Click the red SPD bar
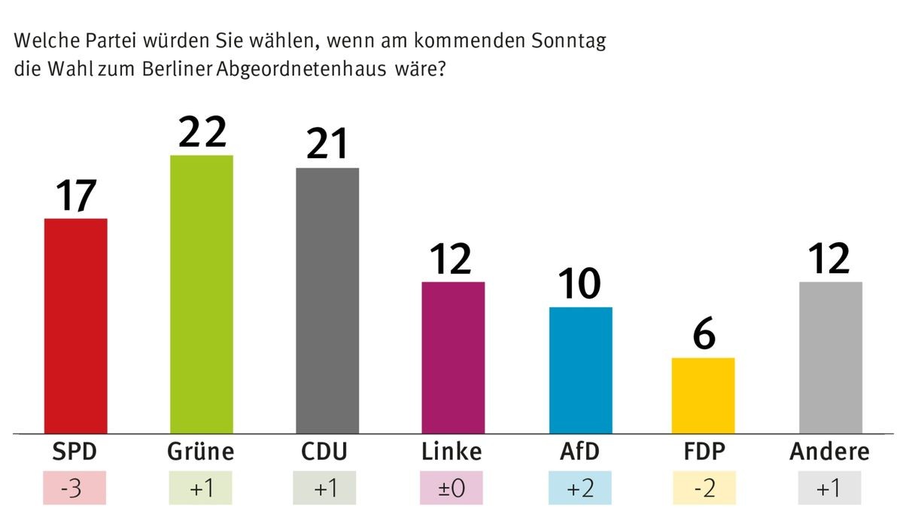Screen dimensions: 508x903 tap(76, 326)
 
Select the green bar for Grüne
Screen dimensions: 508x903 tap(202, 294)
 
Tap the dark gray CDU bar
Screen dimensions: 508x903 tap(327, 300)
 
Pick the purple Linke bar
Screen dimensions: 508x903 tap(453, 357)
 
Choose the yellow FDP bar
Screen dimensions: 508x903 tap(703, 395)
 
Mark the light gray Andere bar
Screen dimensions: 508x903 tap(830, 357)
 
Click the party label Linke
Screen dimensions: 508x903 tap(452, 452)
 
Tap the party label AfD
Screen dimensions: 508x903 tap(579, 452)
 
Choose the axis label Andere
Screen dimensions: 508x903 tap(829, 452)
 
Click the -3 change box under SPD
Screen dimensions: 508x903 tap(76, 489)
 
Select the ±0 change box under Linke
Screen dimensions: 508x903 tap(453, 489)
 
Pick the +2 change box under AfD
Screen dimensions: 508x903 tap(579, 489)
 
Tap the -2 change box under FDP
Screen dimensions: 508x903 tap(703, 489)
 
